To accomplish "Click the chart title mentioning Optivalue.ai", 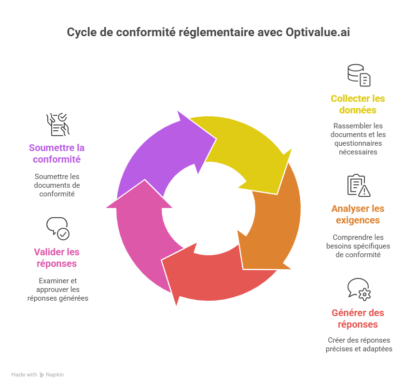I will (208, 33).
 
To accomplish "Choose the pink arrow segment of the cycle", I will (140, 232).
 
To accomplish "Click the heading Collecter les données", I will (358, 104).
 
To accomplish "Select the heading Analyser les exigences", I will (358, 214).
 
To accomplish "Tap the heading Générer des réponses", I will (358, 319).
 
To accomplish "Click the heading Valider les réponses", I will (57, 258).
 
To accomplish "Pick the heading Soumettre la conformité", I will (56, 153).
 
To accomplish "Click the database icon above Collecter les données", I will (359, 75).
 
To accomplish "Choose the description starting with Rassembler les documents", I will (358, 139).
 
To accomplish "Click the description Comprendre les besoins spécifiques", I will (358, 246).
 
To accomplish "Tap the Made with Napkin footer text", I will (38, 374).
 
